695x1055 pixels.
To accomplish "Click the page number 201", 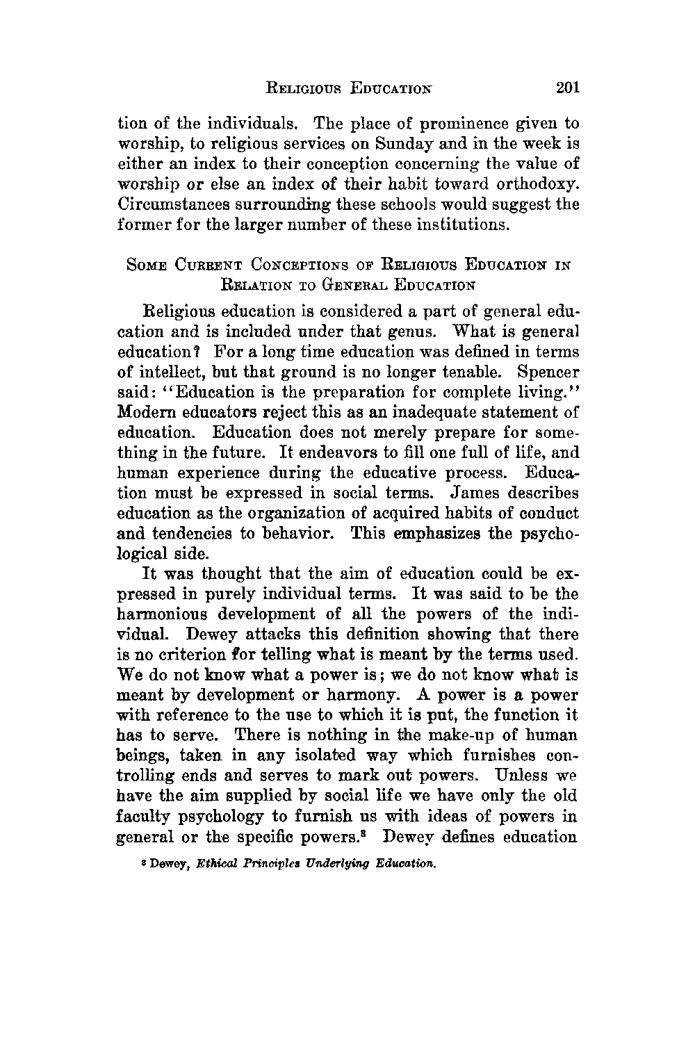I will [563, 88].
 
